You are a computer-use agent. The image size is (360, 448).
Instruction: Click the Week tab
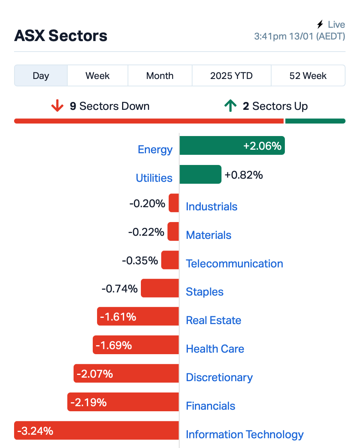[97, 76]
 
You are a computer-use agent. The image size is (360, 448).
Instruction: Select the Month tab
[160, 76]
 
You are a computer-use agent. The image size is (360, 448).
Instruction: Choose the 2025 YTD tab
[231, 76]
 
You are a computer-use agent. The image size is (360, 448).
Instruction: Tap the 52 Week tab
[308, 76]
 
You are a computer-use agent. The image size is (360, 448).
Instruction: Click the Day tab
[41, 76]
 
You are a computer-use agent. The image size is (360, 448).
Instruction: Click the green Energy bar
[232, 145]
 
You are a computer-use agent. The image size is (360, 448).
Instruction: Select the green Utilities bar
[200, 174]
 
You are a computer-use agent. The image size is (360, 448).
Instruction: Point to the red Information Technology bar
[96, 430]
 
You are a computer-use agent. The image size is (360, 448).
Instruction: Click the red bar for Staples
[160, 288]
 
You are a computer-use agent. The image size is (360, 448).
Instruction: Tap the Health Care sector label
[215, 349]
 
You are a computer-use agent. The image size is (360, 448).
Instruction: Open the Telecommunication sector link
[234, 264]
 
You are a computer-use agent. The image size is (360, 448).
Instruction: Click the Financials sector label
[211, 406]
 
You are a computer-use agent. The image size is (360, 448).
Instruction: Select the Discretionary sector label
[219, 377]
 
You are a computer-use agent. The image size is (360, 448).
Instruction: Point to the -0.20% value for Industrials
[147, 203]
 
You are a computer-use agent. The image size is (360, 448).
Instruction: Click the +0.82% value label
[244, 175]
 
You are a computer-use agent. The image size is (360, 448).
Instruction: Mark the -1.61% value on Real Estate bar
[118, 317]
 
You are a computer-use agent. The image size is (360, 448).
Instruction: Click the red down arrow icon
[57, 106]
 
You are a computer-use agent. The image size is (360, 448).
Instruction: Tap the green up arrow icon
[230, 106]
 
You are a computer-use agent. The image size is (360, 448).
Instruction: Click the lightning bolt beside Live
[320, 24]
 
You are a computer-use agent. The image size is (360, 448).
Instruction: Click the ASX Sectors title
[61, 36]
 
